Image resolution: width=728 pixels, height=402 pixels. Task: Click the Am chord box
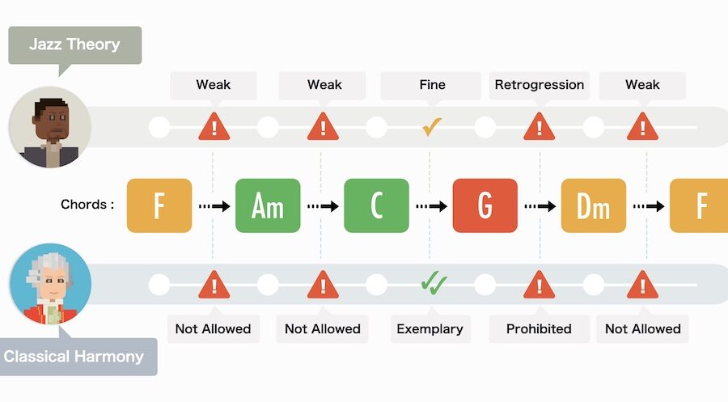coord(268,205)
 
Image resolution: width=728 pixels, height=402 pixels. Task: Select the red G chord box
coord(485,205)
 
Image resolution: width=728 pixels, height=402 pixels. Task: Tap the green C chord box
coord(376,205)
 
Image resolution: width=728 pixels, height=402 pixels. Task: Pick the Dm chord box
coord(593,205)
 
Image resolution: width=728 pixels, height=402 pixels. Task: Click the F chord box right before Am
coord(159,205)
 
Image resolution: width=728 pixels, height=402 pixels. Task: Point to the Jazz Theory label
coord(74,45)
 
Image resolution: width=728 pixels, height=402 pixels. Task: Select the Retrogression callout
coord(539,84)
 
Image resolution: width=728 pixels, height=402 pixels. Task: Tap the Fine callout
coord(432,84)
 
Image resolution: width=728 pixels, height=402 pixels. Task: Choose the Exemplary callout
coord(430,328)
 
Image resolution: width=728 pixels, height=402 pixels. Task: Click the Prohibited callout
coord(539,328)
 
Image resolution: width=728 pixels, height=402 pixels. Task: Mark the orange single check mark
coord(431,126)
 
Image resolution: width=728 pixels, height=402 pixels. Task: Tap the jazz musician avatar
coord(49,127)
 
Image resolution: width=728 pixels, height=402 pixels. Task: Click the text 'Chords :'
coord(87,205)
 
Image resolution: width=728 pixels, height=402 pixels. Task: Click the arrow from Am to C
coord(323,206)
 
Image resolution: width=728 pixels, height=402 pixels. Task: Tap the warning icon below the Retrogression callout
coord(539,127)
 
